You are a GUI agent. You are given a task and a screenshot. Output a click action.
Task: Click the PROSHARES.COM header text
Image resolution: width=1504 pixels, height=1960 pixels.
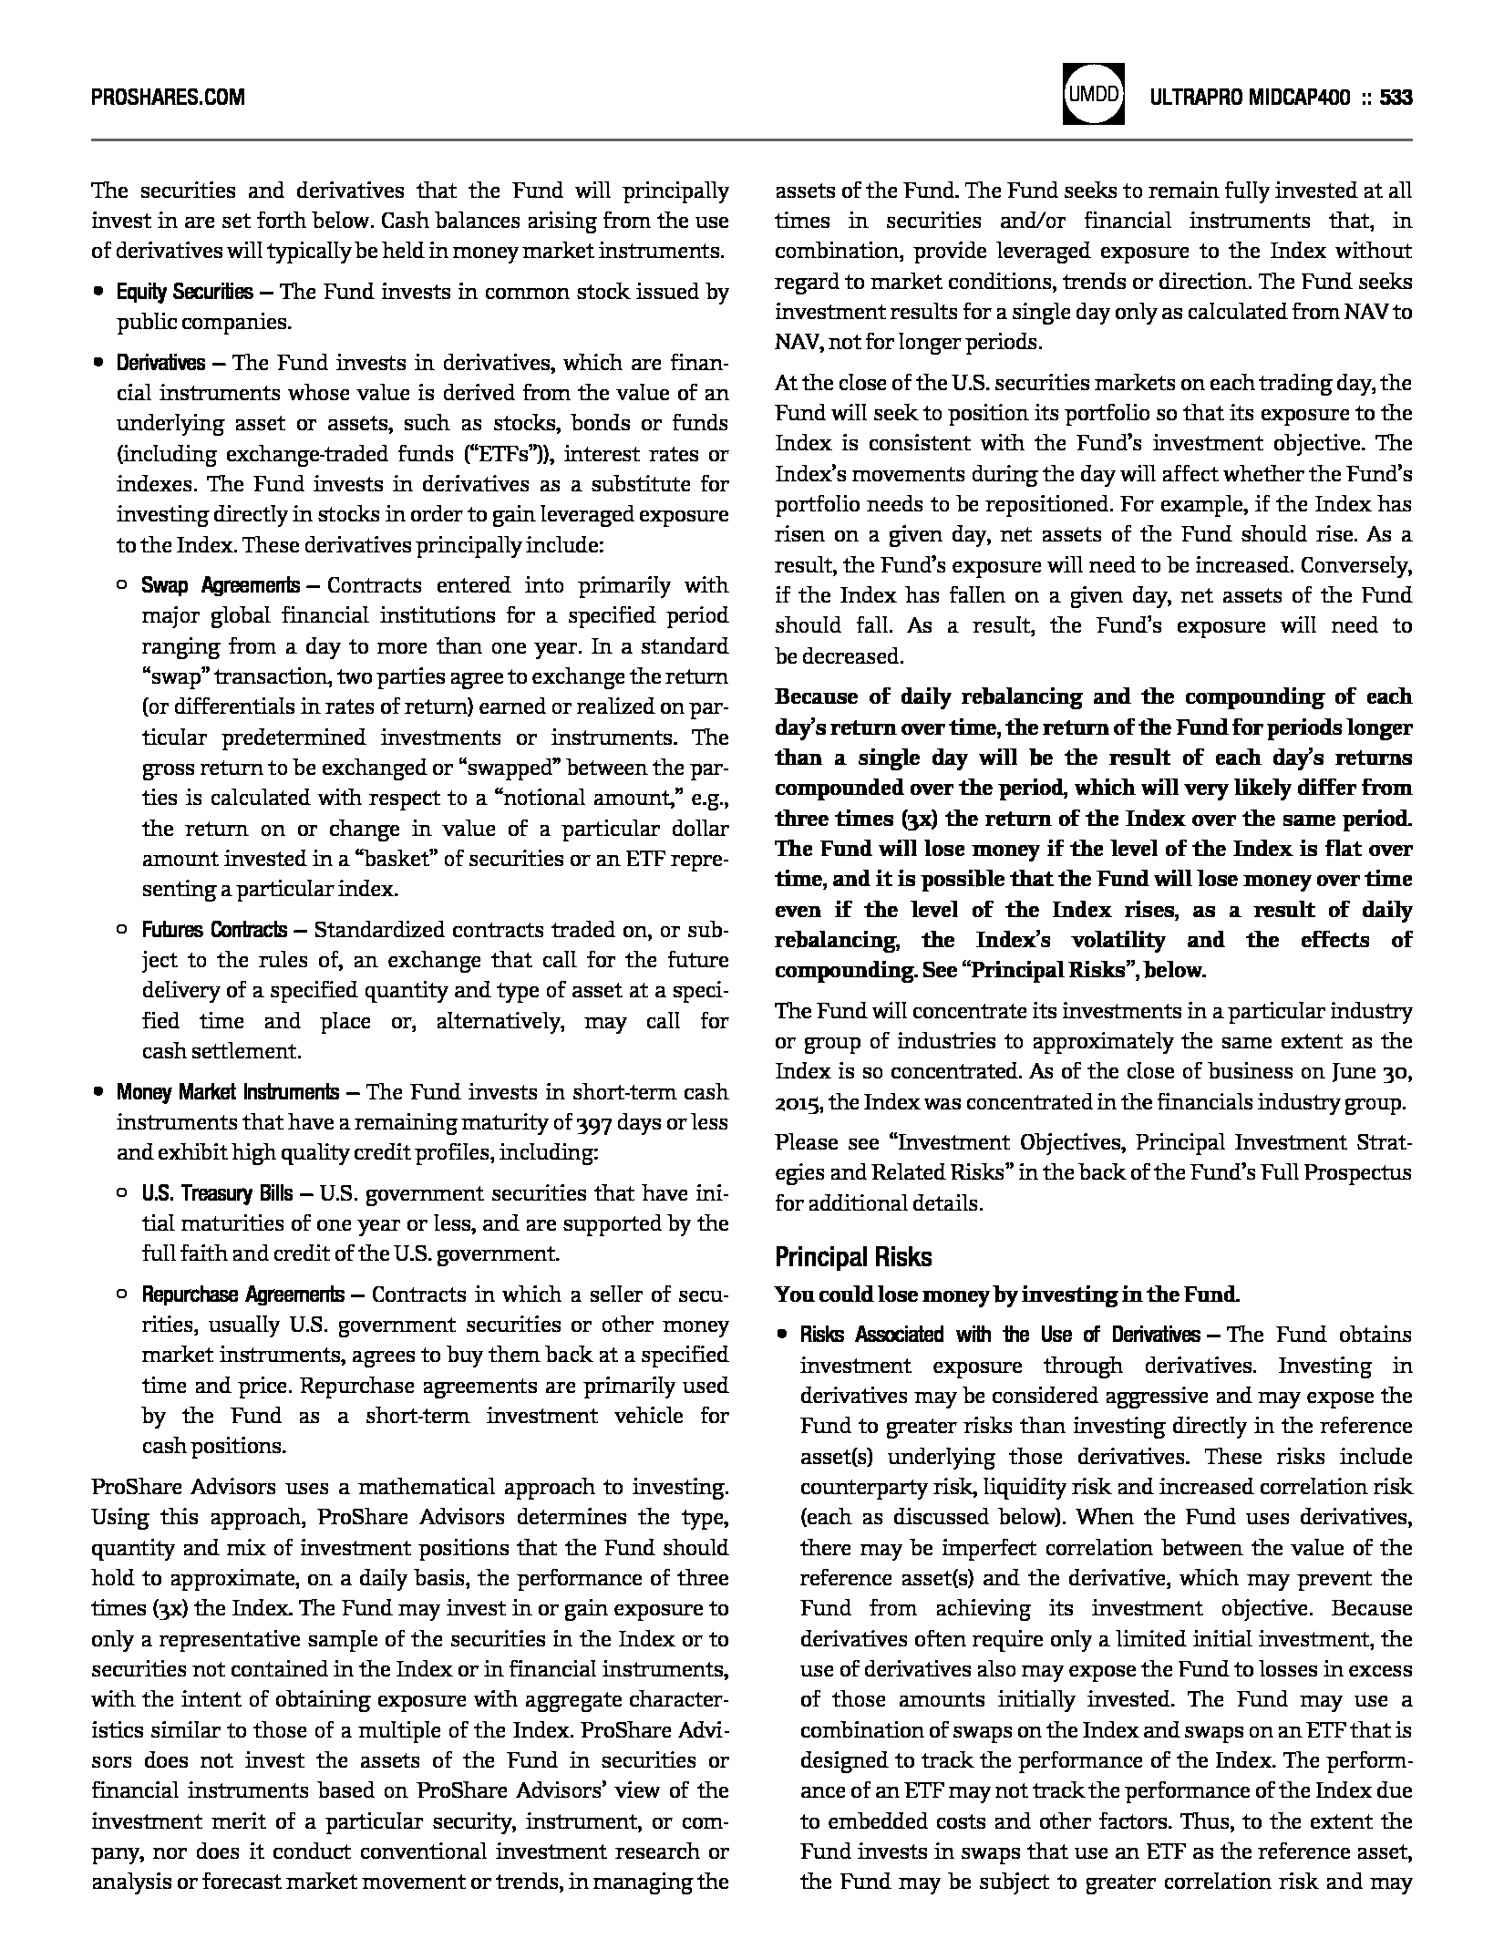[x=168, y=98]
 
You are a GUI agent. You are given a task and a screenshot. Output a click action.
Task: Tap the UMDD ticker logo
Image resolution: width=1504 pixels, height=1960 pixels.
[x=1093, y=94]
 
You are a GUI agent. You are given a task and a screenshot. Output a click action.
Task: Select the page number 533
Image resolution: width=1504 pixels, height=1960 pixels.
[x=1396, y=98]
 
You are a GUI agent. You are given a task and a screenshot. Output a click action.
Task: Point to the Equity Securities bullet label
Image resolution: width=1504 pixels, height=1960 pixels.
[x=184, y=293]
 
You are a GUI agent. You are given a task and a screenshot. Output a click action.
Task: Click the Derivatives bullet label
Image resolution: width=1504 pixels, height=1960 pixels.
[x=160, y=364]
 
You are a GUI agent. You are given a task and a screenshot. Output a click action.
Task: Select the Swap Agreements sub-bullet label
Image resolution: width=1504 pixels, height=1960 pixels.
[x=220, y=585]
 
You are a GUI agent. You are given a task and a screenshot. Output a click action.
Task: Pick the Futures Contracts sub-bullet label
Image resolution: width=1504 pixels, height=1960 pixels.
[x=214, y=931]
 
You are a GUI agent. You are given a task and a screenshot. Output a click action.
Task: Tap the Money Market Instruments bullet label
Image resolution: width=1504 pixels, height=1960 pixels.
[x=227, y=1092]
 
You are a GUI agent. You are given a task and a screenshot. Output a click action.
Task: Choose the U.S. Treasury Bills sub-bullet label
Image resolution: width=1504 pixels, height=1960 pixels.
[x=217, y=1194]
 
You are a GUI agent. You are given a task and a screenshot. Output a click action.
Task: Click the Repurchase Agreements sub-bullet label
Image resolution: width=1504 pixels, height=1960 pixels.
[x=242, y=1295]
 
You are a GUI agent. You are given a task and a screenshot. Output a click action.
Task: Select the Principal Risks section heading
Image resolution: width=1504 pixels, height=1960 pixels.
[x=853, y=1257]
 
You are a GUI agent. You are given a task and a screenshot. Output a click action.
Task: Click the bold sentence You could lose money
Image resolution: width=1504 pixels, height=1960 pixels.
[x=1006, y=1295]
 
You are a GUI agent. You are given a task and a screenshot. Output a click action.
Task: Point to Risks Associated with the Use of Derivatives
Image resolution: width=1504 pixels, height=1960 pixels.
[x=1000, y=1336]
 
